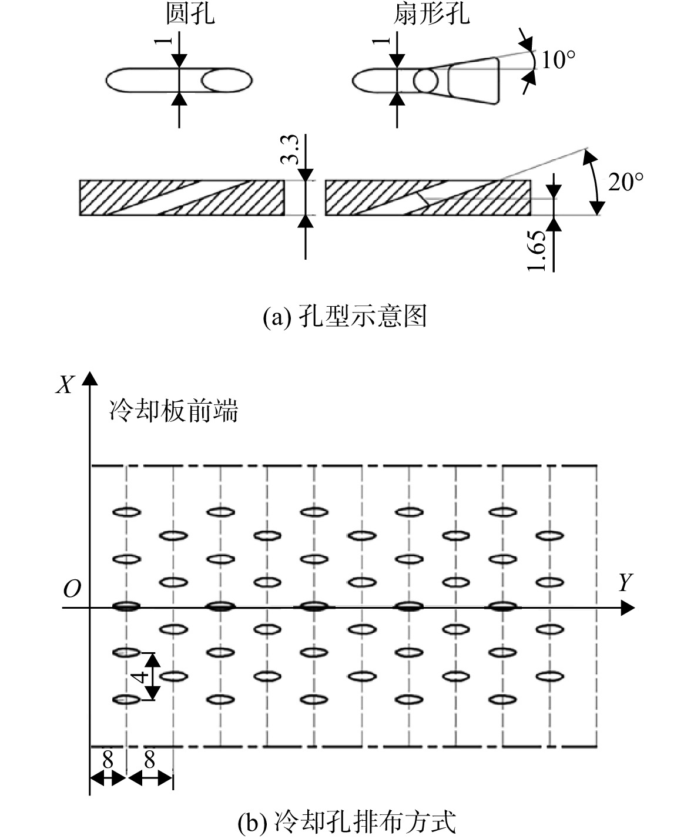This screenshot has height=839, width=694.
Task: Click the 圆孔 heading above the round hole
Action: pos(190,15)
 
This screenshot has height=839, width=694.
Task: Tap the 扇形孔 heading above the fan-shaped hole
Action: pos(431,15)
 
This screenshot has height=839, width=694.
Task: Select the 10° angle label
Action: pos(558,60)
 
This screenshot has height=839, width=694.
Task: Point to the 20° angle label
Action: pos(626,182)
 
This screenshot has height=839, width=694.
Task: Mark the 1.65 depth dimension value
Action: pos(537,251)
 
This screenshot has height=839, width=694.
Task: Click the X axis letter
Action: pos(65,384)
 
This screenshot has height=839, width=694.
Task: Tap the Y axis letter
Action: pos(625,582)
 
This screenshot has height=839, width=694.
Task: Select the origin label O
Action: pos(72,589)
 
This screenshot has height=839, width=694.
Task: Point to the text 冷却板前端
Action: pos(173,411)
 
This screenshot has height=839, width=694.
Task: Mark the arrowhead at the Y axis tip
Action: pos(628,608)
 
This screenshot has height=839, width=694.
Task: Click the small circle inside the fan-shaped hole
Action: pos(426,80)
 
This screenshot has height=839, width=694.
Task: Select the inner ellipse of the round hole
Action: pos(227,80)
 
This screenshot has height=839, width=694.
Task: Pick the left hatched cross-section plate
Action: pos(182,197)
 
